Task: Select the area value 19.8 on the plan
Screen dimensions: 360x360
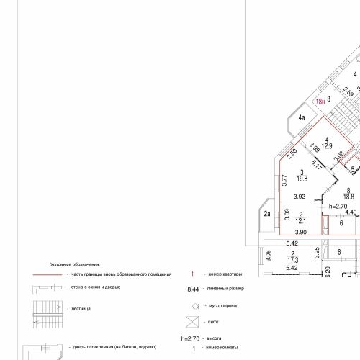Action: [x=302, y=179]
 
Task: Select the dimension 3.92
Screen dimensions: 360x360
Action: [x=300, y=197]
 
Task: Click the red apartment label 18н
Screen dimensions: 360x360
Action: [x=320, y=102]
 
